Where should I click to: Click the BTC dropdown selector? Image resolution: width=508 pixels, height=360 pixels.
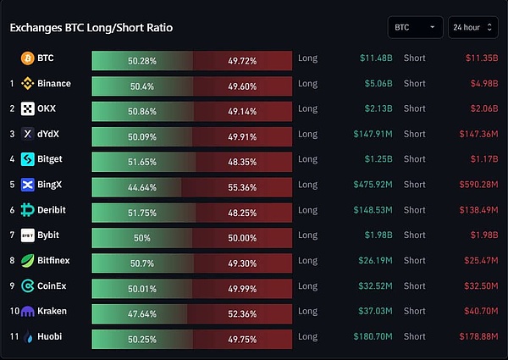pos(415,27)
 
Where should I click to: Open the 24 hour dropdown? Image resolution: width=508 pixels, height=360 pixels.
pos(472,27)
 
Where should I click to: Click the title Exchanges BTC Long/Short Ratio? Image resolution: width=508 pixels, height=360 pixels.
pos(91,28)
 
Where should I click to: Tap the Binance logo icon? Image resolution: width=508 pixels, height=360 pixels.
pos(28,84)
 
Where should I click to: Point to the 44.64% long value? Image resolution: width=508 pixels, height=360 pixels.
pos(142,185)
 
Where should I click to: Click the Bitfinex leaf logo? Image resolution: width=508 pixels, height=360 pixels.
pos(28,261)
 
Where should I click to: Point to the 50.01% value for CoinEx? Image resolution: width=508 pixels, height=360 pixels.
pos(142,286)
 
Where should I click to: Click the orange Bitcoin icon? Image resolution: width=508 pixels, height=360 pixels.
pos(28,58)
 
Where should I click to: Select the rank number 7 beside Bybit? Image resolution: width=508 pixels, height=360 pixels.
pos(12,235)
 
